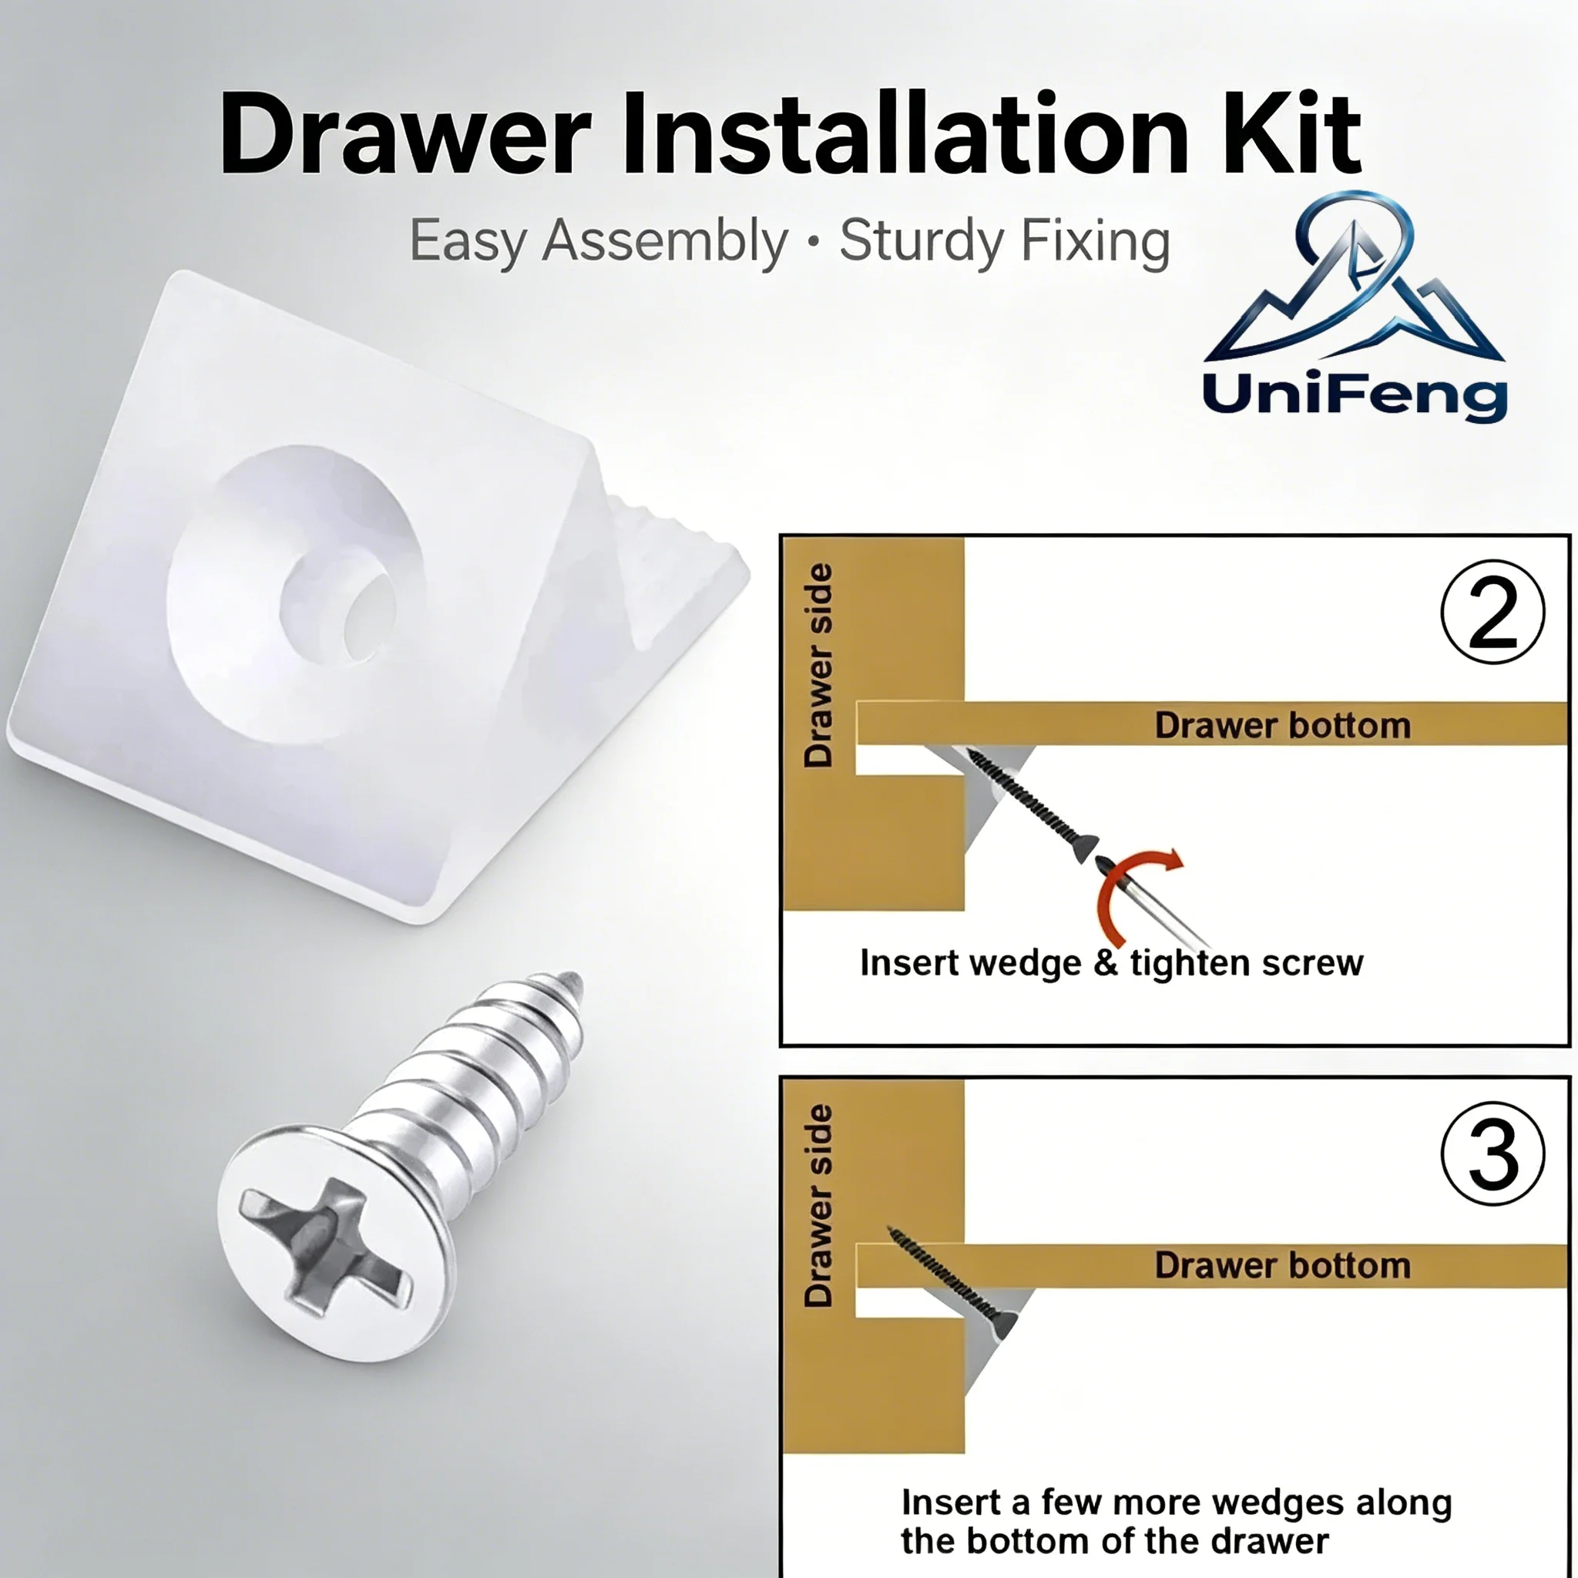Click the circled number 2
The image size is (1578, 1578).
[1492, 611]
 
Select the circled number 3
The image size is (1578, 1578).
[1492, 1153]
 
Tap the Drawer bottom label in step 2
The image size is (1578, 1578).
[1282, 725]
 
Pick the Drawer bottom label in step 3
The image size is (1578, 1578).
[1282, 1265]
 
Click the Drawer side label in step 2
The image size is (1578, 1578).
[818, 666]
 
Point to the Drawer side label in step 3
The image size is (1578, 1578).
[818, 1207]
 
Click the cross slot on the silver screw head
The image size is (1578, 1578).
[325, 1247]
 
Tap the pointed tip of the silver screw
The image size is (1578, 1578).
[573, 979]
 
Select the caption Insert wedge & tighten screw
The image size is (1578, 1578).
[1112, 963]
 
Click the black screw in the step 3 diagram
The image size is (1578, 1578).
[952, 1282]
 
